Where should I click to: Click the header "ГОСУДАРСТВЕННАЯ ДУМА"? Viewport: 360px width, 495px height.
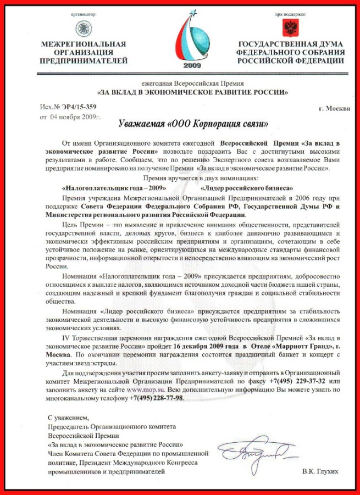pyautogui.click(x=291, y=44)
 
